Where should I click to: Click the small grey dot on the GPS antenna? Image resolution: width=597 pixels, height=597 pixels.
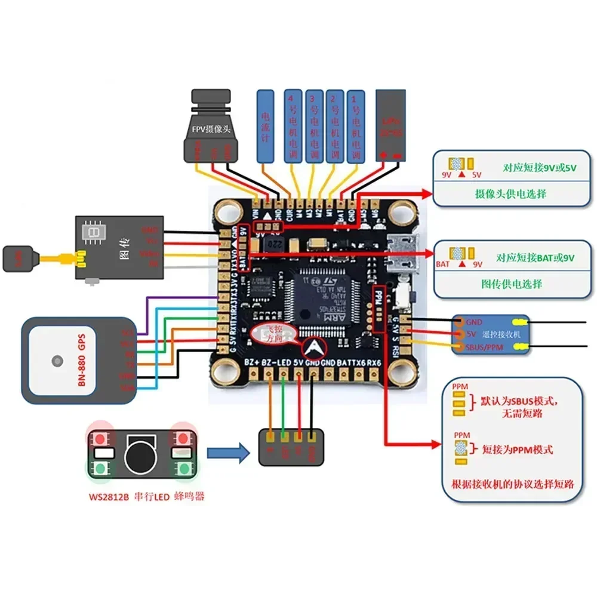point(57,361)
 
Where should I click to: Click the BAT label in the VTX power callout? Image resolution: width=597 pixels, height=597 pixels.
point(443,263)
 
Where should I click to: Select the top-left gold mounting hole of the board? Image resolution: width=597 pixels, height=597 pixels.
point(227,211)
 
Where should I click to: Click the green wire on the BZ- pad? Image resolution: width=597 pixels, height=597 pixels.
point(283,406)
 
